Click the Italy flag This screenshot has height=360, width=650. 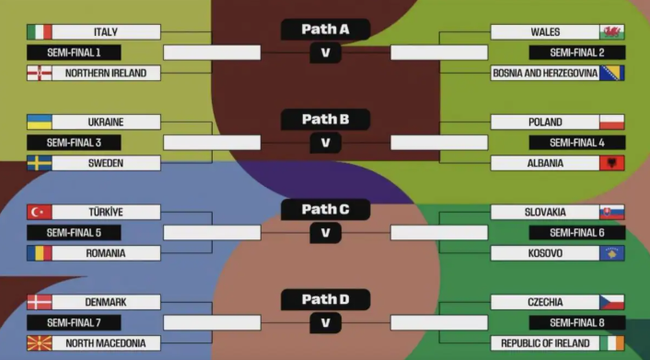[40, 32]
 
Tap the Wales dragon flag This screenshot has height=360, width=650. [612, 32]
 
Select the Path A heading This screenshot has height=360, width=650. [325, 29]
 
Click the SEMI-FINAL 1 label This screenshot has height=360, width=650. [74, 52]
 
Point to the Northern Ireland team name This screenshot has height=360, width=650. [106, 73]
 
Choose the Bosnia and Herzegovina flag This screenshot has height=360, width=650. [612, 73]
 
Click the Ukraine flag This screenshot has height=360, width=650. [40, 122]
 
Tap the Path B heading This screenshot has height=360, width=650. [325, 119]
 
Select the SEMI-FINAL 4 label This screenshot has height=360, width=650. [576, 143]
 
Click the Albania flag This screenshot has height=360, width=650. [612, 163]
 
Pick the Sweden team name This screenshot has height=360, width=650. [106, 163]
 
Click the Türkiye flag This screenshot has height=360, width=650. [40, 212]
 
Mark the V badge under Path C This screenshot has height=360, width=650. [325, 233]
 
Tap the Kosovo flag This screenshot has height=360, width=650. [612, 252]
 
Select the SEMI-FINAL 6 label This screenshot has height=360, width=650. [576, 233]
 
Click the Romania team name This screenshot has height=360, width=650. [106, 252]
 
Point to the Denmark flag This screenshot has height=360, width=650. [40, 302]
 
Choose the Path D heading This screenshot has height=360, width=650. [325, 299]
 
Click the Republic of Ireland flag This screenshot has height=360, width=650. [612, 343]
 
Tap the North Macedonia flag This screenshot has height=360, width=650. [40, 343]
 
